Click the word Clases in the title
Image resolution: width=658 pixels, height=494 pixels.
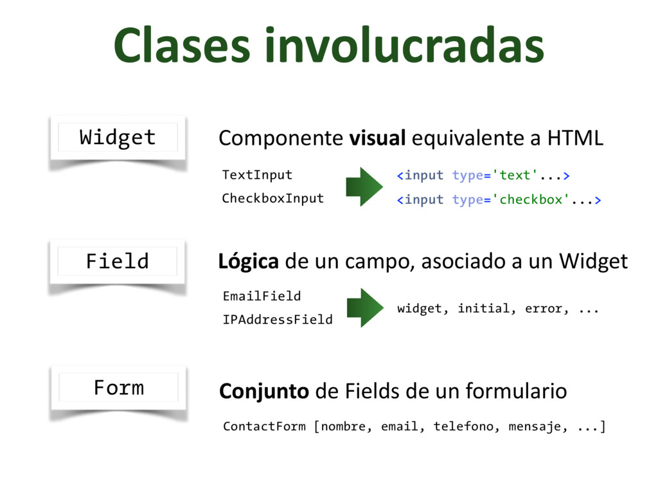tap(175, 46)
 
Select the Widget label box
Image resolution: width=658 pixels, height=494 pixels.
tap(118, 137)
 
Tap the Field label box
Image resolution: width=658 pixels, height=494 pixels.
tap(118, 261)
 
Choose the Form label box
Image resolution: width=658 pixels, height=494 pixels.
tap(118, 387)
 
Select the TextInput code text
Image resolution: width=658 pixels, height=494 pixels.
tap(257, 175)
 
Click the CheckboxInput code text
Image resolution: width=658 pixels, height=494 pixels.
tap(272, 198)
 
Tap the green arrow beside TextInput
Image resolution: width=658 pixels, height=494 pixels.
tap(364, 187)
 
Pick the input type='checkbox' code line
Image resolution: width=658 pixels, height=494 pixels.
tap(499, 199)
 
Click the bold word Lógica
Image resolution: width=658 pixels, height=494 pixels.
tap(248, 262)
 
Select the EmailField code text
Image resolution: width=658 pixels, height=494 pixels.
tap(262, 296)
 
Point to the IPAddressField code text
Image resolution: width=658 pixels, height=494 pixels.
tap(277, 319)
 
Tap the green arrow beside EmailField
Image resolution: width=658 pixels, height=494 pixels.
tap(364, 307)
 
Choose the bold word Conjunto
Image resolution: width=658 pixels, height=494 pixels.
tap(263, 391)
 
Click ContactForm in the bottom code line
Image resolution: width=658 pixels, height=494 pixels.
tap(264, 426)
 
